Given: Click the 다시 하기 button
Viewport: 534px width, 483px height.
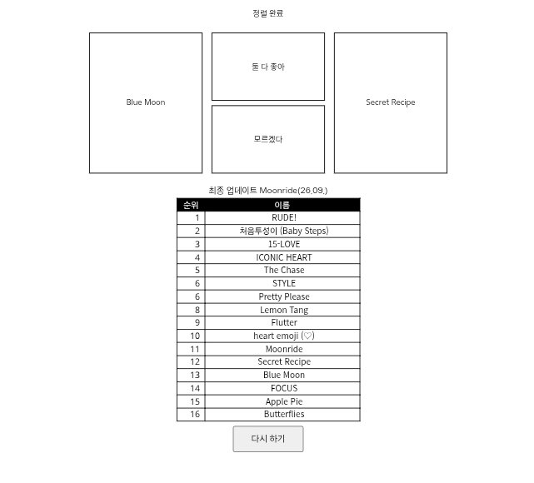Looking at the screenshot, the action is [x=268, y=439].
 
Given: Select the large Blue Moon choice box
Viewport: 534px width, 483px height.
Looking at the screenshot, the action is [x=146, y=102].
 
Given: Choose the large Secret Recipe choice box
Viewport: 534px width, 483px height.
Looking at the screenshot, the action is [x=391, y=102].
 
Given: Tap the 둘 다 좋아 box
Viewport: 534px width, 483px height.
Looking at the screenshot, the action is [x=268, y=67].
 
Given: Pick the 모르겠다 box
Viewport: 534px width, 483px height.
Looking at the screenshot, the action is [x=268, y=139].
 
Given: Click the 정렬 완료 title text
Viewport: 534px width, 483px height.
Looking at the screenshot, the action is [x=268, y=13].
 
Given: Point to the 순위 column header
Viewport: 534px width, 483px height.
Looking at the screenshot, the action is [x=191, y=205].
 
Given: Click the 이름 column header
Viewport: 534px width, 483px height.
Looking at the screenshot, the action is [x=282, y=205].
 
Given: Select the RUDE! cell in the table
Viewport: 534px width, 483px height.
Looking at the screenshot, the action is [x=284, y=218].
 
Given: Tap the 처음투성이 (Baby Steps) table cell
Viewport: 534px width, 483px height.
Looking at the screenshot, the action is [x=284, y=232].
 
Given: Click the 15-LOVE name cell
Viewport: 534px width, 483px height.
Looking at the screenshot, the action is [x=284, y=244].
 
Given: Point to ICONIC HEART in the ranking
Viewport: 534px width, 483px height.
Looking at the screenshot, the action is [x=284, y=257].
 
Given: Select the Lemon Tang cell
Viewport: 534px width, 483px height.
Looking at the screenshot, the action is [x=284, y=310].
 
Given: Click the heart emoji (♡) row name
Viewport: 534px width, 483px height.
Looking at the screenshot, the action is [x=284, y=336].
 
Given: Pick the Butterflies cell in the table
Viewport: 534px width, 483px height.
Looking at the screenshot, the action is [x=284, y=414].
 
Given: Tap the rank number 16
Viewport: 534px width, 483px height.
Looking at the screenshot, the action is [x=195, y=414].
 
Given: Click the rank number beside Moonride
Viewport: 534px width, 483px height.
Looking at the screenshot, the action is [x=195, y=349].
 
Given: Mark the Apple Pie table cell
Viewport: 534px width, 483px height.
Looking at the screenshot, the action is [x=284, y=401].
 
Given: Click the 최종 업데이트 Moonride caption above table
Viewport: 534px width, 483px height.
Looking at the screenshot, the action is [x=268, y=190].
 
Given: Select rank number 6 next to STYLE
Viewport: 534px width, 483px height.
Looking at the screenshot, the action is [x=197, y=283].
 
